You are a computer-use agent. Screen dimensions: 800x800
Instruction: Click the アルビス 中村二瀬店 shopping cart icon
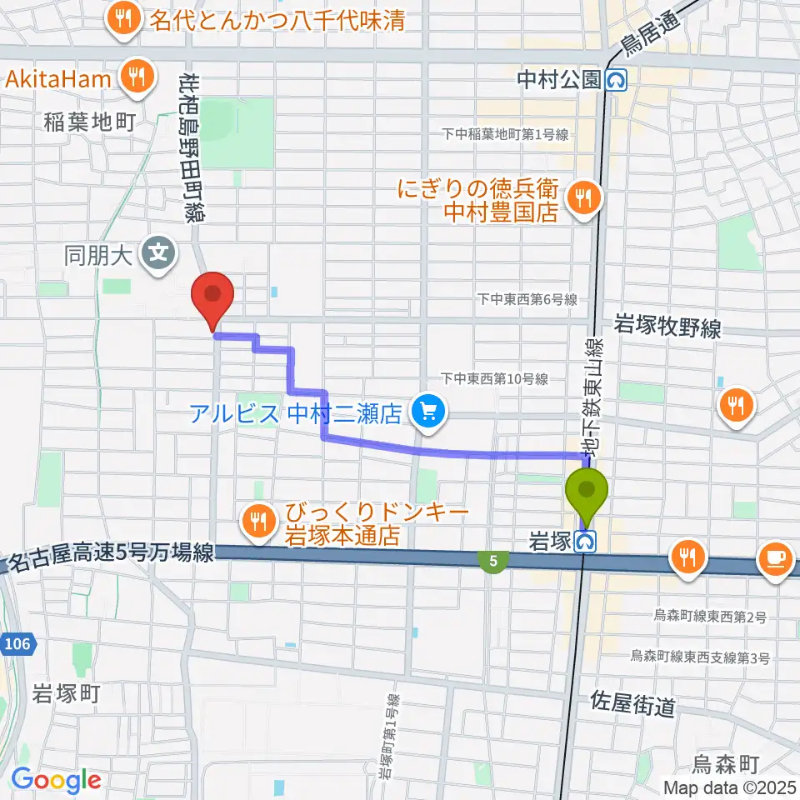(x=428, y=411)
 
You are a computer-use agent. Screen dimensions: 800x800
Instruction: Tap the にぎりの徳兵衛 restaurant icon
(x=582, y=199)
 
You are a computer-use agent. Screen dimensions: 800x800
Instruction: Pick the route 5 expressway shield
(x=494, y=562)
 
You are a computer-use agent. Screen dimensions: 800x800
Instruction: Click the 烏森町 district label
(x=726, y=762)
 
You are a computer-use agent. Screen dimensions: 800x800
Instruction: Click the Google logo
(x=56, y=780)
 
